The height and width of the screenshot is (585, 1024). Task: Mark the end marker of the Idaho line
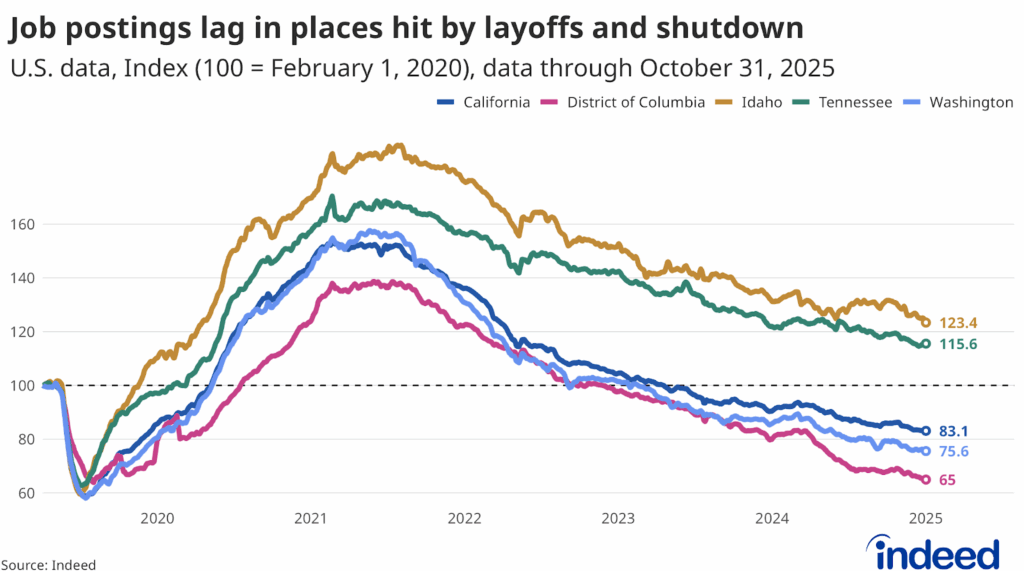926,323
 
